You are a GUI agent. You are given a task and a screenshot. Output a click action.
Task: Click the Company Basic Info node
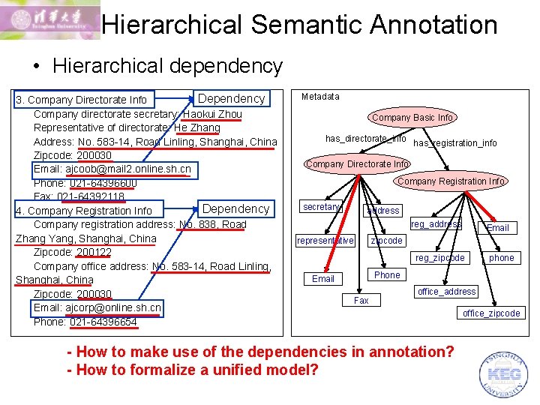412,118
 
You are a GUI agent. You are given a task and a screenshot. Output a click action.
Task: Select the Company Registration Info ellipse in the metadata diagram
451,181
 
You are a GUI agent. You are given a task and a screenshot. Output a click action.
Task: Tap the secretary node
321,207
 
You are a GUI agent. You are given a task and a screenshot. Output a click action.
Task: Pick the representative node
325,241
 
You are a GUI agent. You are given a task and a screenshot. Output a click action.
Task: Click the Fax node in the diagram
361,300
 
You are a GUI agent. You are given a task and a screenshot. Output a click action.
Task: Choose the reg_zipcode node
440,258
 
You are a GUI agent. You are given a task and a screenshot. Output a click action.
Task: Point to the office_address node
447,291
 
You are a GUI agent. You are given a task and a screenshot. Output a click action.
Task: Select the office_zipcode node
491,313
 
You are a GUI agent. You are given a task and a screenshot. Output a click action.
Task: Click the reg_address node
436,224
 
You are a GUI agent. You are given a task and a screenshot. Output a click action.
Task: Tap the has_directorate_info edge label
365,139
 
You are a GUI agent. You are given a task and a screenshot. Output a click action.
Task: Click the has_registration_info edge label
455,143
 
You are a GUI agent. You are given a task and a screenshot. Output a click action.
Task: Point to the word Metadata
320,97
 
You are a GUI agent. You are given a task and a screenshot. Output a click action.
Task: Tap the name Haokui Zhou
212,114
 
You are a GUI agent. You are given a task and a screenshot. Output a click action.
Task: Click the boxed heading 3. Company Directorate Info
82,100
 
